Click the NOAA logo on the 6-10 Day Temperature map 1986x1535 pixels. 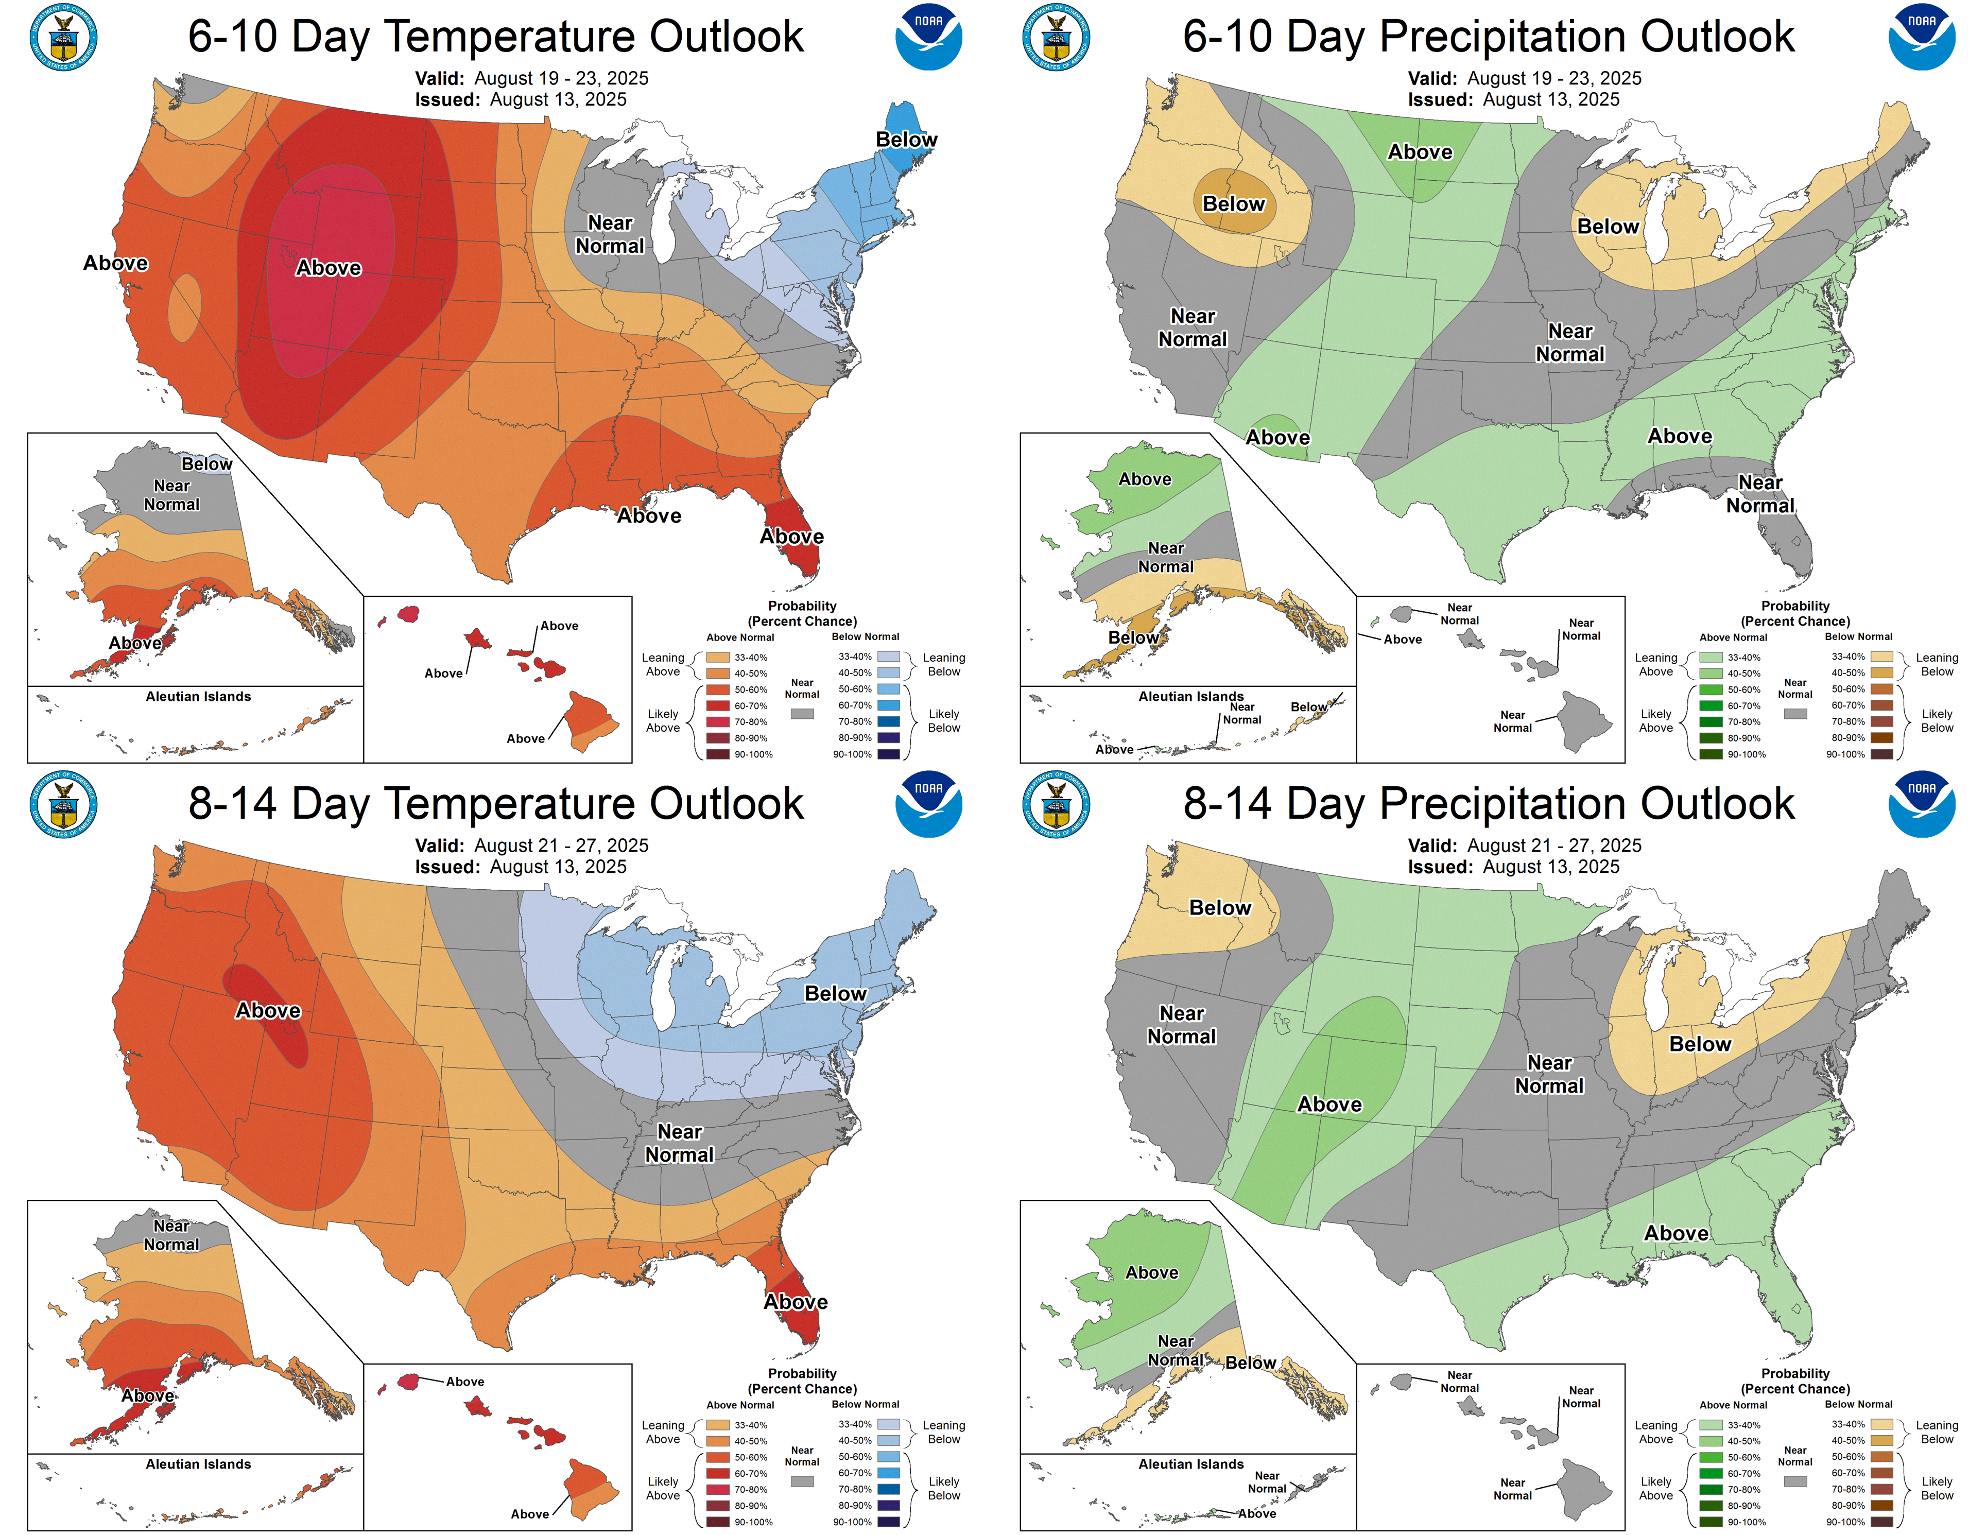pyautogui.click(x=928, y=37)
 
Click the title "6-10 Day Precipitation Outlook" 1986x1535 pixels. pyautogui.click(x=1489, y=37)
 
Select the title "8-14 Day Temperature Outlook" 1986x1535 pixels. pyautogui.click(x=495, y=804)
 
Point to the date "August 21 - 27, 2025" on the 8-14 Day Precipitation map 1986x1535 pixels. pyautogui.click(x=1554, y=846)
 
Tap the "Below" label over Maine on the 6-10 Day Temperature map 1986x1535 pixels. pyautogui.click(x=906, y=139)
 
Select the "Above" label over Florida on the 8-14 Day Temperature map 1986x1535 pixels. pyautogui.click(x=796, y=1301)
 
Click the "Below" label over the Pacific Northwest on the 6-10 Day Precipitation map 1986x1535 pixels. pyautogui.click(x=1233, y=204)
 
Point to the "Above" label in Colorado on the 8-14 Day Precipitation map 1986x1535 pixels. pyautogui.click(x=1329, y=1104)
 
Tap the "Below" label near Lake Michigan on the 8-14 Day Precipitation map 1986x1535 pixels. pyautogui.click(x=1700, y=1044)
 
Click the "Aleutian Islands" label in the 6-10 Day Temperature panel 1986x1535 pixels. pyautogui.click(x=198, y=697)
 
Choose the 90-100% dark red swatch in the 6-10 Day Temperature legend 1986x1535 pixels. pyautogui.click(x=717, y=754)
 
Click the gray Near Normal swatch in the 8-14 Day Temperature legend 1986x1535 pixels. pyautogui.click(x=802, y=1481)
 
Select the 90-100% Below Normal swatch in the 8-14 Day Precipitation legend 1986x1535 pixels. pyautogui.click(x=1881, y=1522)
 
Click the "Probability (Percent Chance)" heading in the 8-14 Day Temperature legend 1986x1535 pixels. pyautogui.click(x=802, y=1381)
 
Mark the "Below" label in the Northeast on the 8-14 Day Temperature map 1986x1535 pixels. pyautogui.click(x=835, y=993)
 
